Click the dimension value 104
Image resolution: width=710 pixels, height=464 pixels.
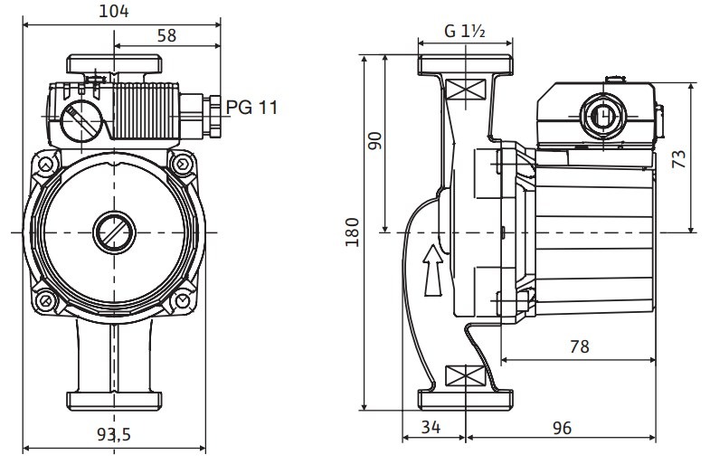(x=115, y=11)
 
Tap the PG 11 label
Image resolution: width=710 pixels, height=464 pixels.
(x=251, y=108)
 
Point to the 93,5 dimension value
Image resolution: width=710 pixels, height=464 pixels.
(x=115, y=435)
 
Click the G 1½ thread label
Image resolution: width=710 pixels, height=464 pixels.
(x=466, y=31)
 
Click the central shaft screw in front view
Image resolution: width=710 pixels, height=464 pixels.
(x=115, y=232)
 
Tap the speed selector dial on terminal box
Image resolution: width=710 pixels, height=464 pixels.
(x=79, y=120)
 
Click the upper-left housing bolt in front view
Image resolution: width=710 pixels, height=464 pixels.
(x=44, y=165)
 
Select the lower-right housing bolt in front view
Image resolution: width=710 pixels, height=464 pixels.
(x=184, y=299)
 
